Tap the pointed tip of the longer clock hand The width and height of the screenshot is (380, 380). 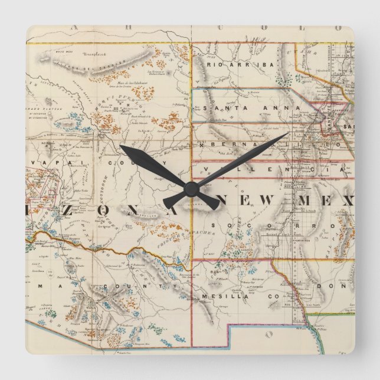[x=287, y=135]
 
